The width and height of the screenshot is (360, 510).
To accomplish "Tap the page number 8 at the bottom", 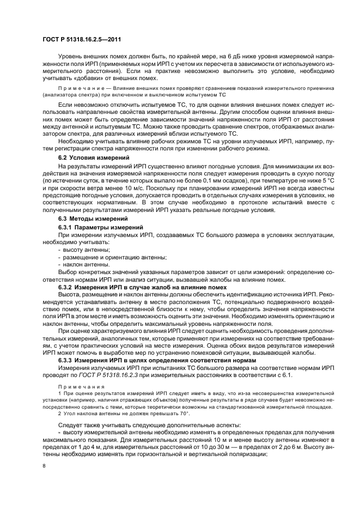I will click(44, 465).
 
